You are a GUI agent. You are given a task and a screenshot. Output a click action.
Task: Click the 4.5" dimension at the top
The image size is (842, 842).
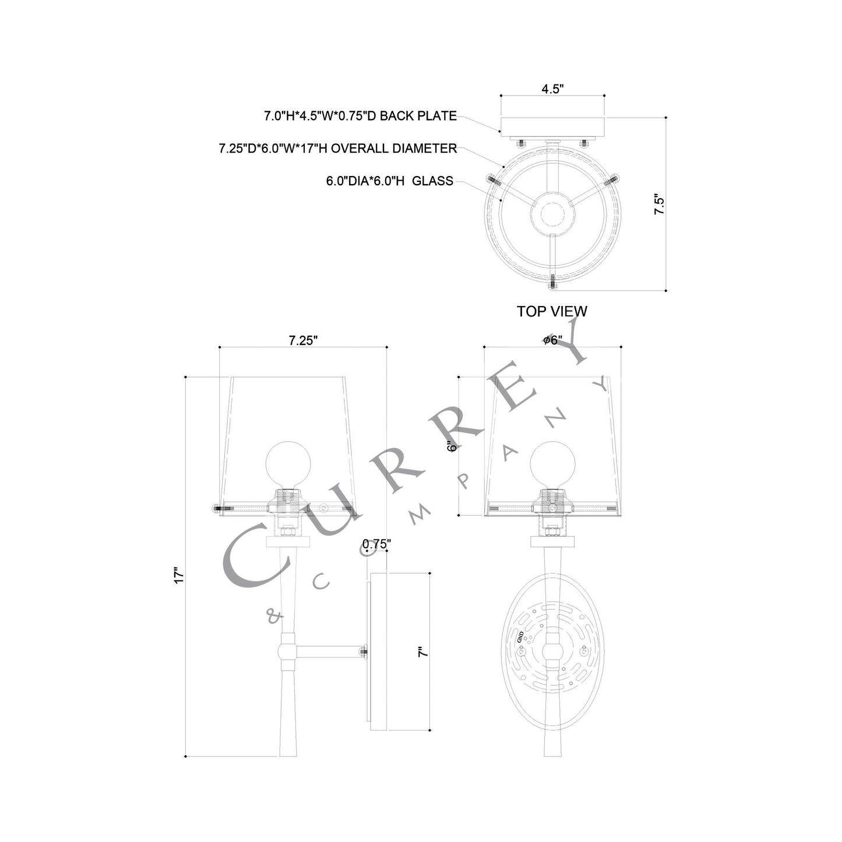pos(552,89)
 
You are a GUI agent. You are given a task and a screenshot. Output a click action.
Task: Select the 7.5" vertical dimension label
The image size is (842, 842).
pos(659,205)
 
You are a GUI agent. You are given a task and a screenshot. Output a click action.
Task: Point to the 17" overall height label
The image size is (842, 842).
pos(179,575)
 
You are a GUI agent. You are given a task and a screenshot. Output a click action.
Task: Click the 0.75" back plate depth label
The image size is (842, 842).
pos(376,544)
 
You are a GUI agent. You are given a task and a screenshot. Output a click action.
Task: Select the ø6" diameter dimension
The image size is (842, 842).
pos(552,340)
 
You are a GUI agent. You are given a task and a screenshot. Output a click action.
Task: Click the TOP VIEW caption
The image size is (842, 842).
pos(552,312)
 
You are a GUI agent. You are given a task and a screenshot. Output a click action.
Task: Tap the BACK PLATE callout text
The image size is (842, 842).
pos(360,116)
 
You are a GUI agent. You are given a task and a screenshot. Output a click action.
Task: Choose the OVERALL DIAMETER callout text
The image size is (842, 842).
pos(338,149)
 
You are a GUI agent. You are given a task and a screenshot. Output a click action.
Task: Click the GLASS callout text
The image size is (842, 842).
pos(389,181)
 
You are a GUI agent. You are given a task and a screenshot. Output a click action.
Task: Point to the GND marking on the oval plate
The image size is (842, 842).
pos(520,637)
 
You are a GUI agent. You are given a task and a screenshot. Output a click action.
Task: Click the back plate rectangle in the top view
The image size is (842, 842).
pos(552,126)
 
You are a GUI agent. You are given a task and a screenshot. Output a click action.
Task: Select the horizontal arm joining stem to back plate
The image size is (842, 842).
pos(329,652)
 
